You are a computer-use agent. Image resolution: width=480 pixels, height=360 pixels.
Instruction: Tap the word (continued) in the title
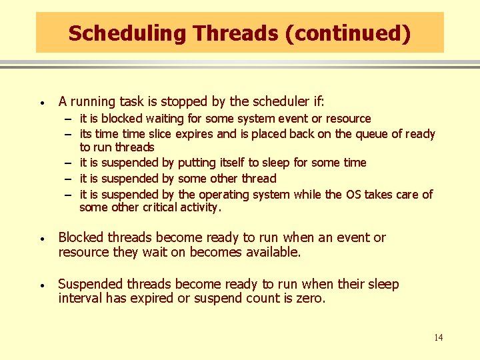coord(347,33)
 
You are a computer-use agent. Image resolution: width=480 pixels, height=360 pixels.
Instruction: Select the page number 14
coord(438,338)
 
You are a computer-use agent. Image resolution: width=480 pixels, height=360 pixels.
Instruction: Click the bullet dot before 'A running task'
coord(41,103)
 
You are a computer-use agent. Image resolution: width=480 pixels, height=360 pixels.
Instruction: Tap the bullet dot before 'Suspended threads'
coord(41,286)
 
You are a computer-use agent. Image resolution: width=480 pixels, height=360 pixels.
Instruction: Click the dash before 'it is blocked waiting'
coord(69,119)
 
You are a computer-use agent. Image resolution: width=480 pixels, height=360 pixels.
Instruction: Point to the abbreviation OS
coord(353,195)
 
